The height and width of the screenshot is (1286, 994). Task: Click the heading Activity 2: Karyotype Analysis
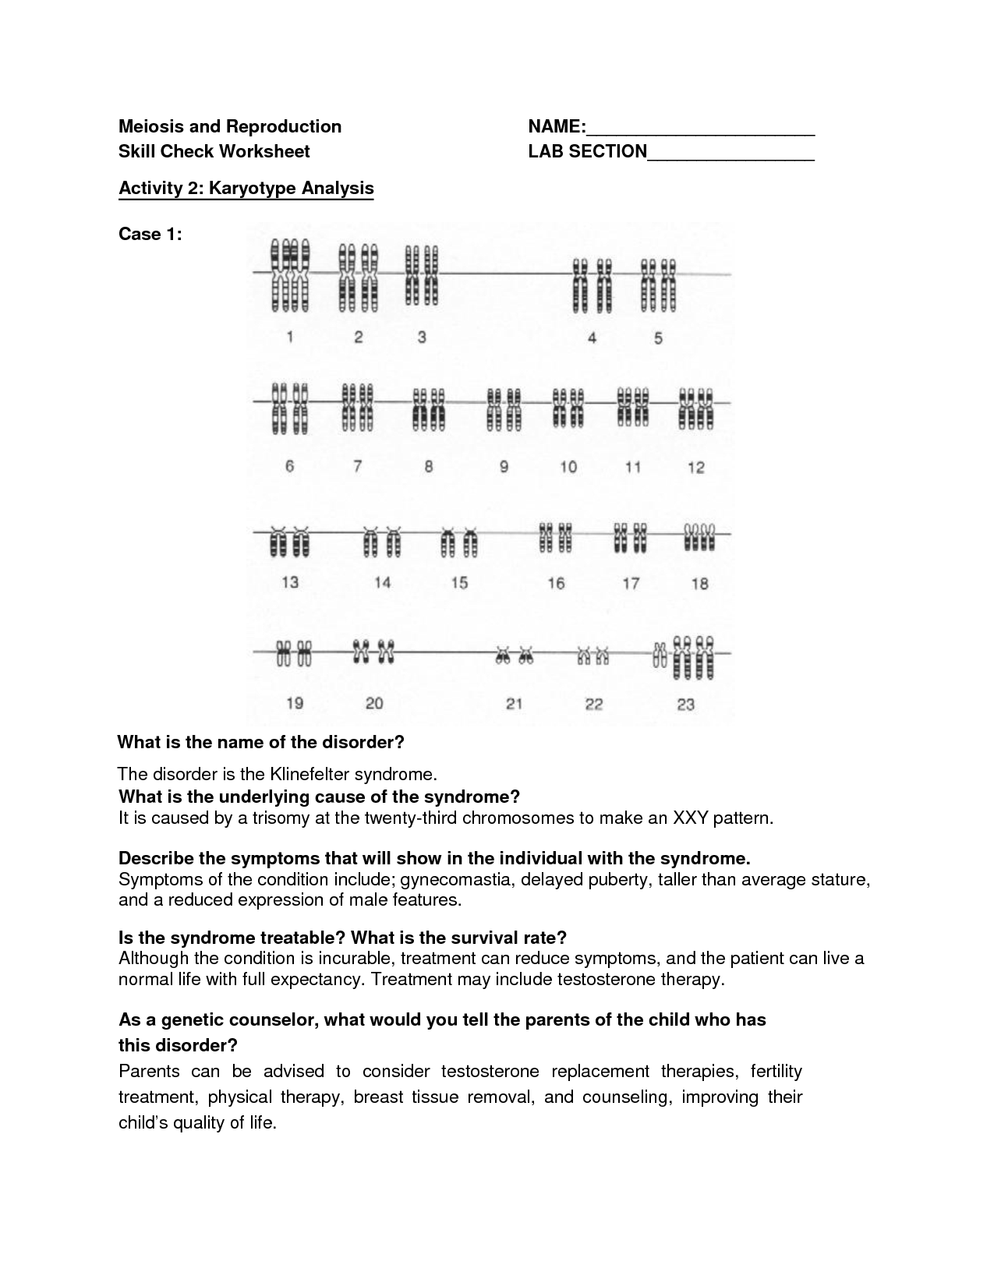point(246,189)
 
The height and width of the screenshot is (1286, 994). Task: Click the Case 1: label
point(150,234)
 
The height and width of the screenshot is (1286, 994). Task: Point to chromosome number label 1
point(290,337)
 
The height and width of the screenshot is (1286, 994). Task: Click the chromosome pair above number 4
point(592,284)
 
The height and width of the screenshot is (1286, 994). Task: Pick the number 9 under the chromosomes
point(504,467)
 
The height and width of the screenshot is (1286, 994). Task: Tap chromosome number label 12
point(696,467)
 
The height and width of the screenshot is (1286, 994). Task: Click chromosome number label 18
point(699,583)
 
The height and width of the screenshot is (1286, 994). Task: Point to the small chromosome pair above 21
point(514,656)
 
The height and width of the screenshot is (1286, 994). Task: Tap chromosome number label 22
point(594,705)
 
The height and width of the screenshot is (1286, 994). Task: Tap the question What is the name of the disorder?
point(260,742)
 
